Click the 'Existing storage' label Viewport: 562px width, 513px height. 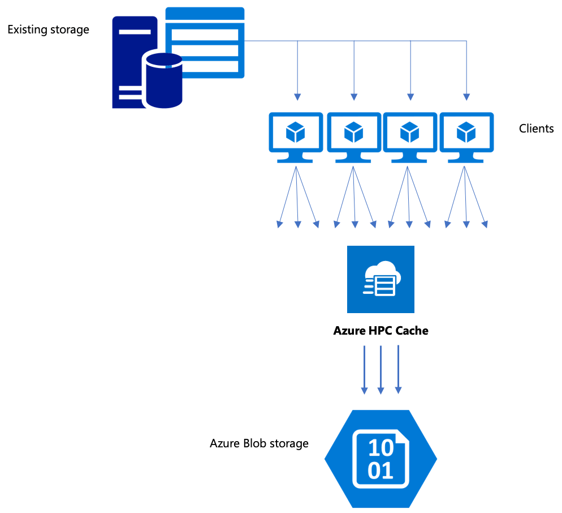[x=48, y=29]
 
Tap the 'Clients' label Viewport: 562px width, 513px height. [x=536, y=129]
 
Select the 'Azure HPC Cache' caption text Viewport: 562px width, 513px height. [x=381, y=331]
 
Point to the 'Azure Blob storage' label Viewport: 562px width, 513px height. [x=259, y=443]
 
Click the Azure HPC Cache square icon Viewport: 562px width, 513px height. [x=381, y=279]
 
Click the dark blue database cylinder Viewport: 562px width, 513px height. [x=164, y=79]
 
